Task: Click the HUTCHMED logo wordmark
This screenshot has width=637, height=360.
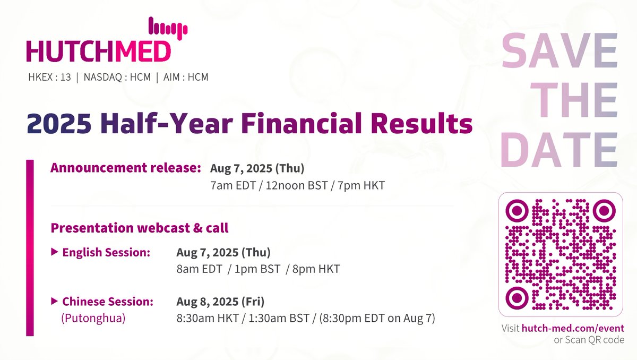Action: tap(99, 52)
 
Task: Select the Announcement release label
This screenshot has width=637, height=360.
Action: tap(125, 168)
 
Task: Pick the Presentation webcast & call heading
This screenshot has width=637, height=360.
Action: tap(140, 228)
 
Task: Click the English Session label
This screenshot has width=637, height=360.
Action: tap(106, 252)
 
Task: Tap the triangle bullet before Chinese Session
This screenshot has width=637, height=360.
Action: tap(54, 301)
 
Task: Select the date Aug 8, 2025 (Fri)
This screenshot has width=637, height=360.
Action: tap(220, 302)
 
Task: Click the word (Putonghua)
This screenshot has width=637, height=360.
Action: tap(93, 319)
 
